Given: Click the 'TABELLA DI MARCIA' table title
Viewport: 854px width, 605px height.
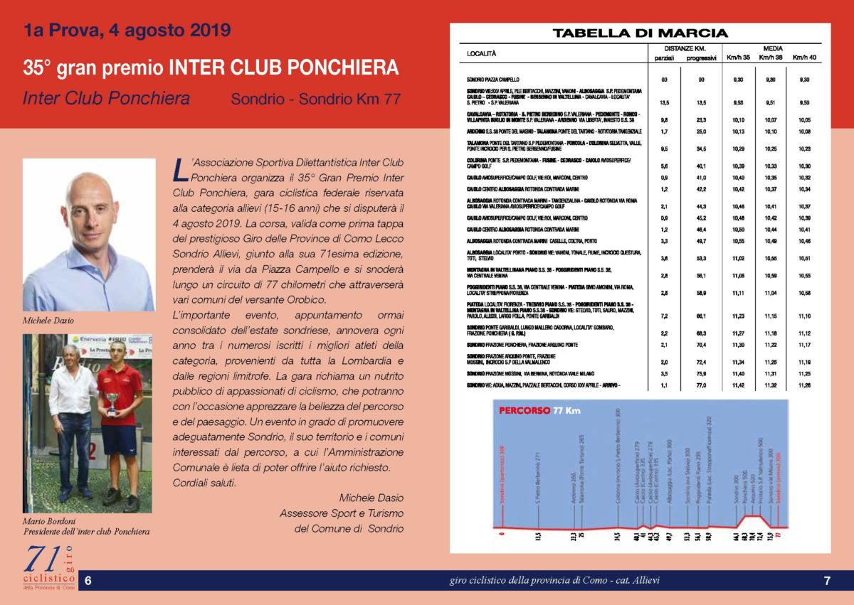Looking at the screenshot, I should tap(640, 33).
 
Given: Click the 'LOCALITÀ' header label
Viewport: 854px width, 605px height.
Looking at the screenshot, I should tap(482, 53).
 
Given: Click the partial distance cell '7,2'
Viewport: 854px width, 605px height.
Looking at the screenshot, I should tap(664, 315).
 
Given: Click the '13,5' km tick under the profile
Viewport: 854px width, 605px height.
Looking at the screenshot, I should tap(539, 536).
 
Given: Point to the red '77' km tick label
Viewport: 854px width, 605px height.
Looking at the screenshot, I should tap(779, 537).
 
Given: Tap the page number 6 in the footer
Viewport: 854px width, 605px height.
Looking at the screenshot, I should tap(88, 581).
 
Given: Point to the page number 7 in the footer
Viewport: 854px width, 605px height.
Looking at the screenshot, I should tap(827, 581).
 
